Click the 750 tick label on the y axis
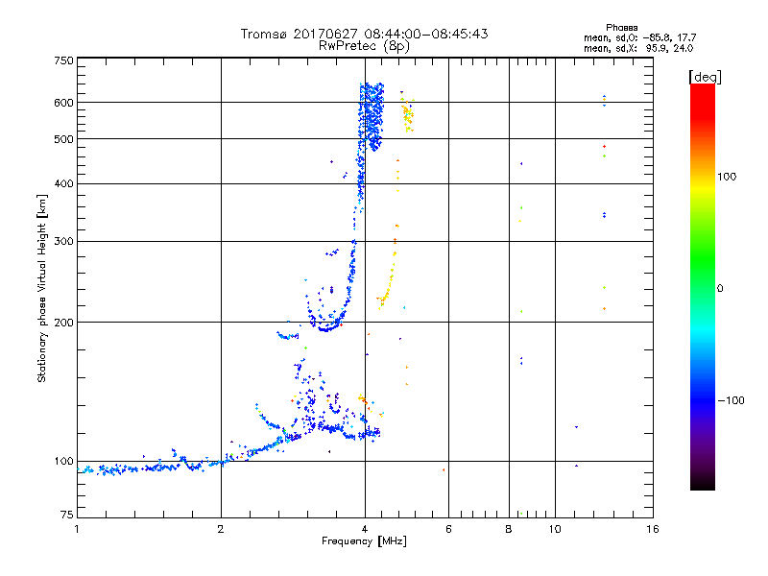(x=62, y=60)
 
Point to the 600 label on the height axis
(x=62, y=102)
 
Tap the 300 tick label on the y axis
(x=62, y=241)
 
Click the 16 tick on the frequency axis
(x=652, y=529)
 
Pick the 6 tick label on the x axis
(x=448, y=529)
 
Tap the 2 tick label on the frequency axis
(x=221, y=529)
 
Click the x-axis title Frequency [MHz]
(x=364, y=541)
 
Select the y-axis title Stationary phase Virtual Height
(x=42, y=288)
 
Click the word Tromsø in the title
(x=266, y=34)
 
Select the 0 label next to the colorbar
(x=723, y=288)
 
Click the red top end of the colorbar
(x=702, y=87)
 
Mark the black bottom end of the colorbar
(x=702, y=486)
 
